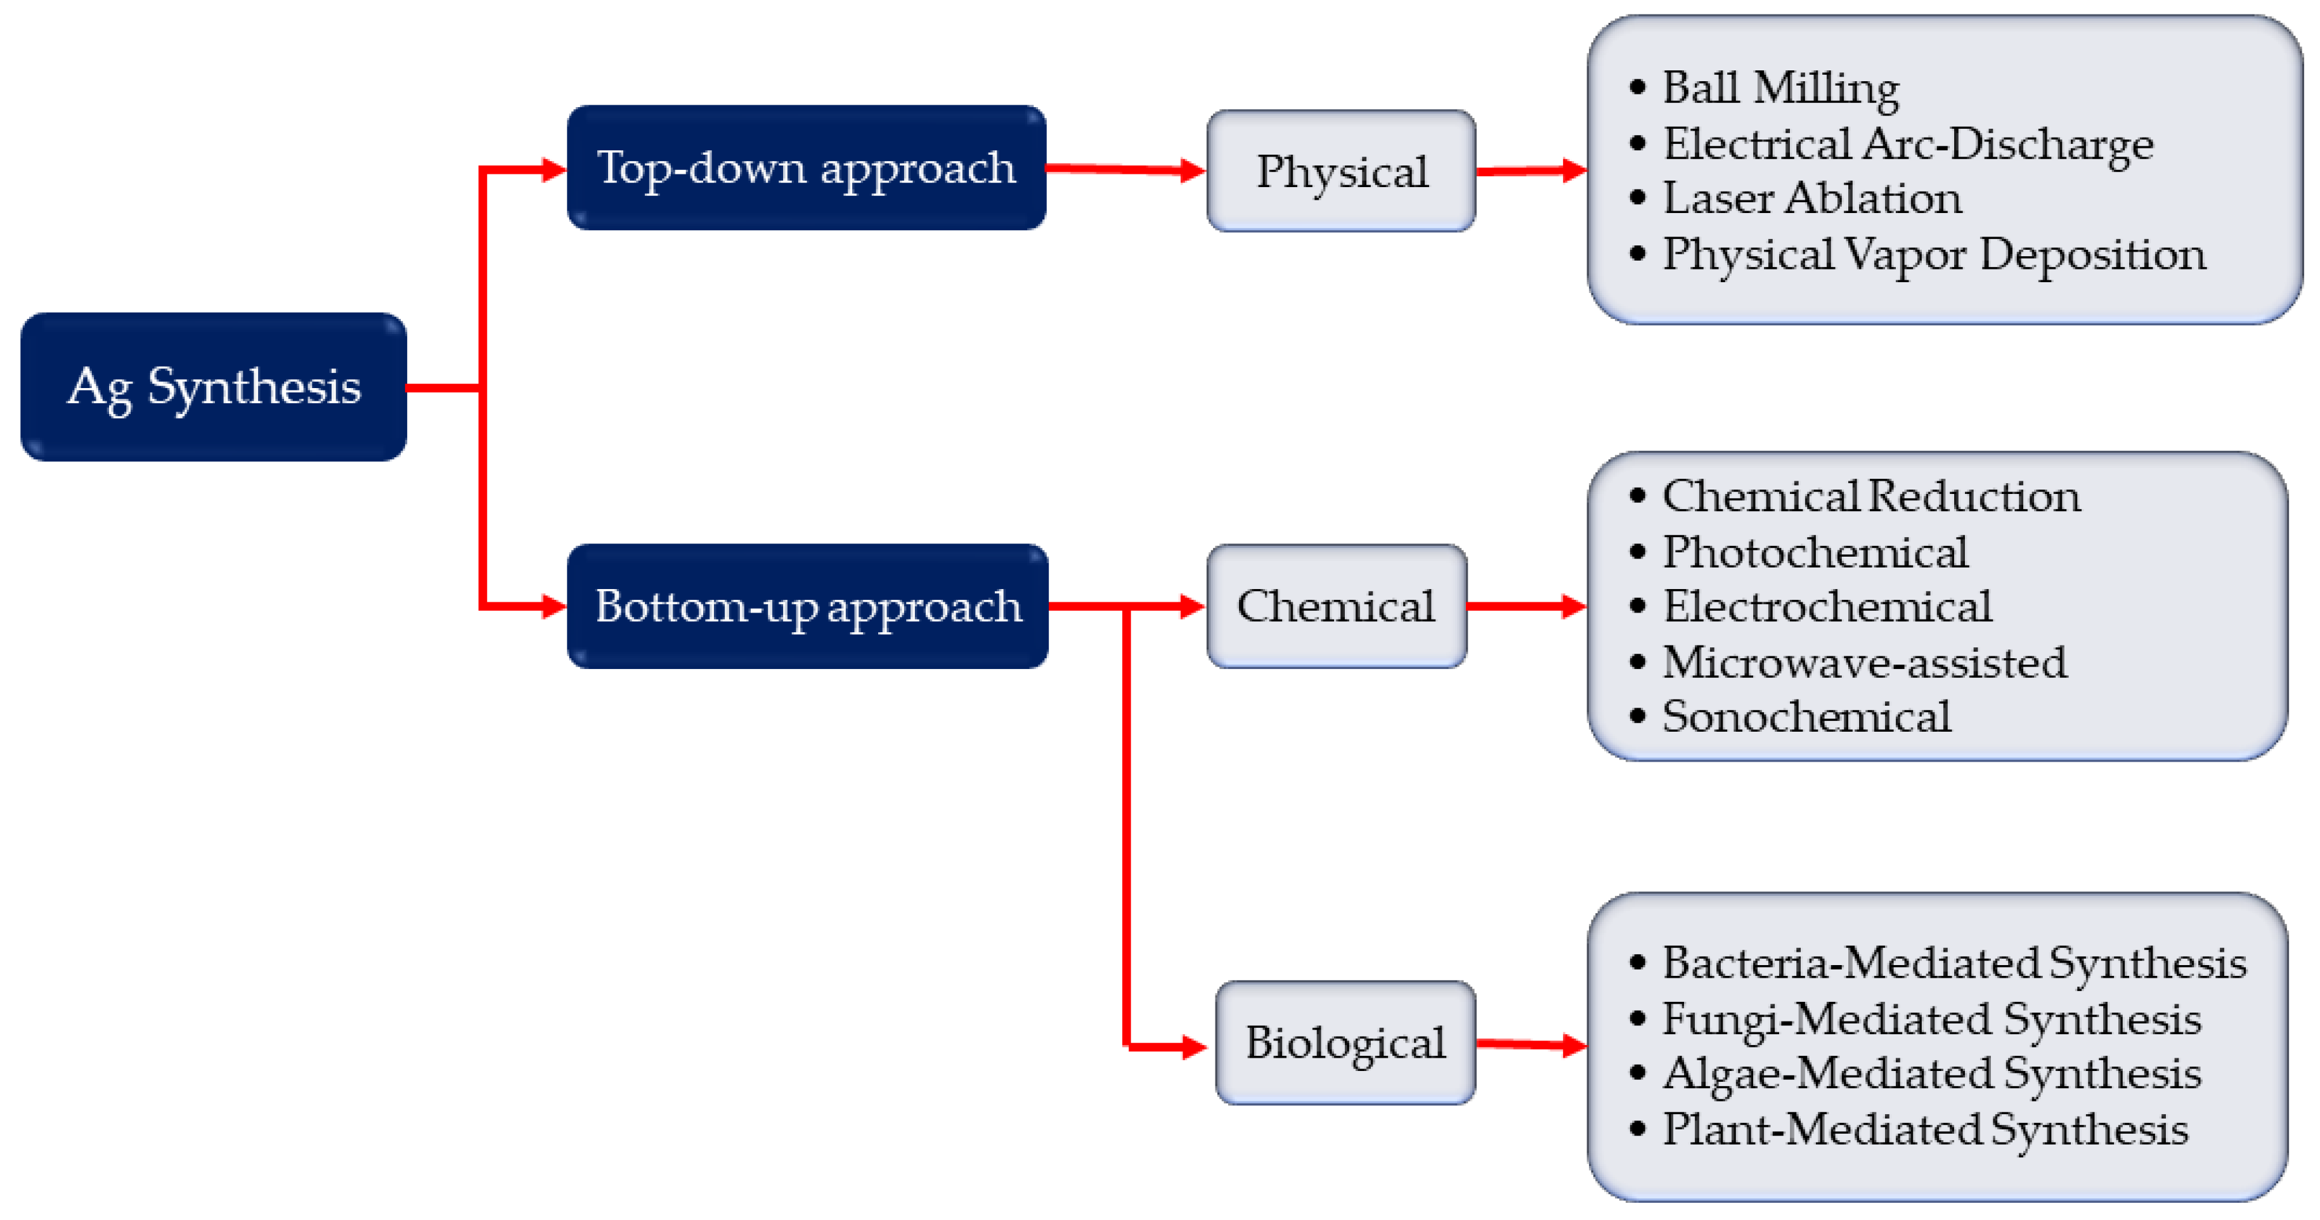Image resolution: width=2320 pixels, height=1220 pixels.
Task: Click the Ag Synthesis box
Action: (x=214, y=387)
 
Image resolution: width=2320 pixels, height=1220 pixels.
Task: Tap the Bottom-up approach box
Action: (x=807, y=606)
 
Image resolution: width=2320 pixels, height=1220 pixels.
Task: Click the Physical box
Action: (x=1341, y=171)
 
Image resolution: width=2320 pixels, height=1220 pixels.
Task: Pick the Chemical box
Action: (x=1337, y=606)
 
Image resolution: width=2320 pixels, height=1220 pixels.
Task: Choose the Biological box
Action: (x=1345, y=1042)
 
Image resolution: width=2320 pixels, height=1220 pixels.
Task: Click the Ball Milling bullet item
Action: (x=1780, y=88)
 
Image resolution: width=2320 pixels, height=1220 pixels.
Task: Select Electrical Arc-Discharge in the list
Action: (x=1907, y=144)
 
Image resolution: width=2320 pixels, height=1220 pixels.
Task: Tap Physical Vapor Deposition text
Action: (x=1934, y=254)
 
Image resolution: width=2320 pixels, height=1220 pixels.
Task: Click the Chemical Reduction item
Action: (x=1870, y=496)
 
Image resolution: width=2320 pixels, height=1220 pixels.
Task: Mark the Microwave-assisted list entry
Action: (x=1863, y=663)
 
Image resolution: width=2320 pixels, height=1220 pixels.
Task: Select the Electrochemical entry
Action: (x=1827, y=607)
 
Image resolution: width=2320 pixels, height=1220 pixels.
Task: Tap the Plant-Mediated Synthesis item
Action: (x=1924, y=1129)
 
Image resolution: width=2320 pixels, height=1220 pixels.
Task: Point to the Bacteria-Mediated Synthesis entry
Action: (x=1954, y=963)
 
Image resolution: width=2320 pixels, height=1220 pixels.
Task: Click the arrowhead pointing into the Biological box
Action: (x=1194, y=1046)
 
